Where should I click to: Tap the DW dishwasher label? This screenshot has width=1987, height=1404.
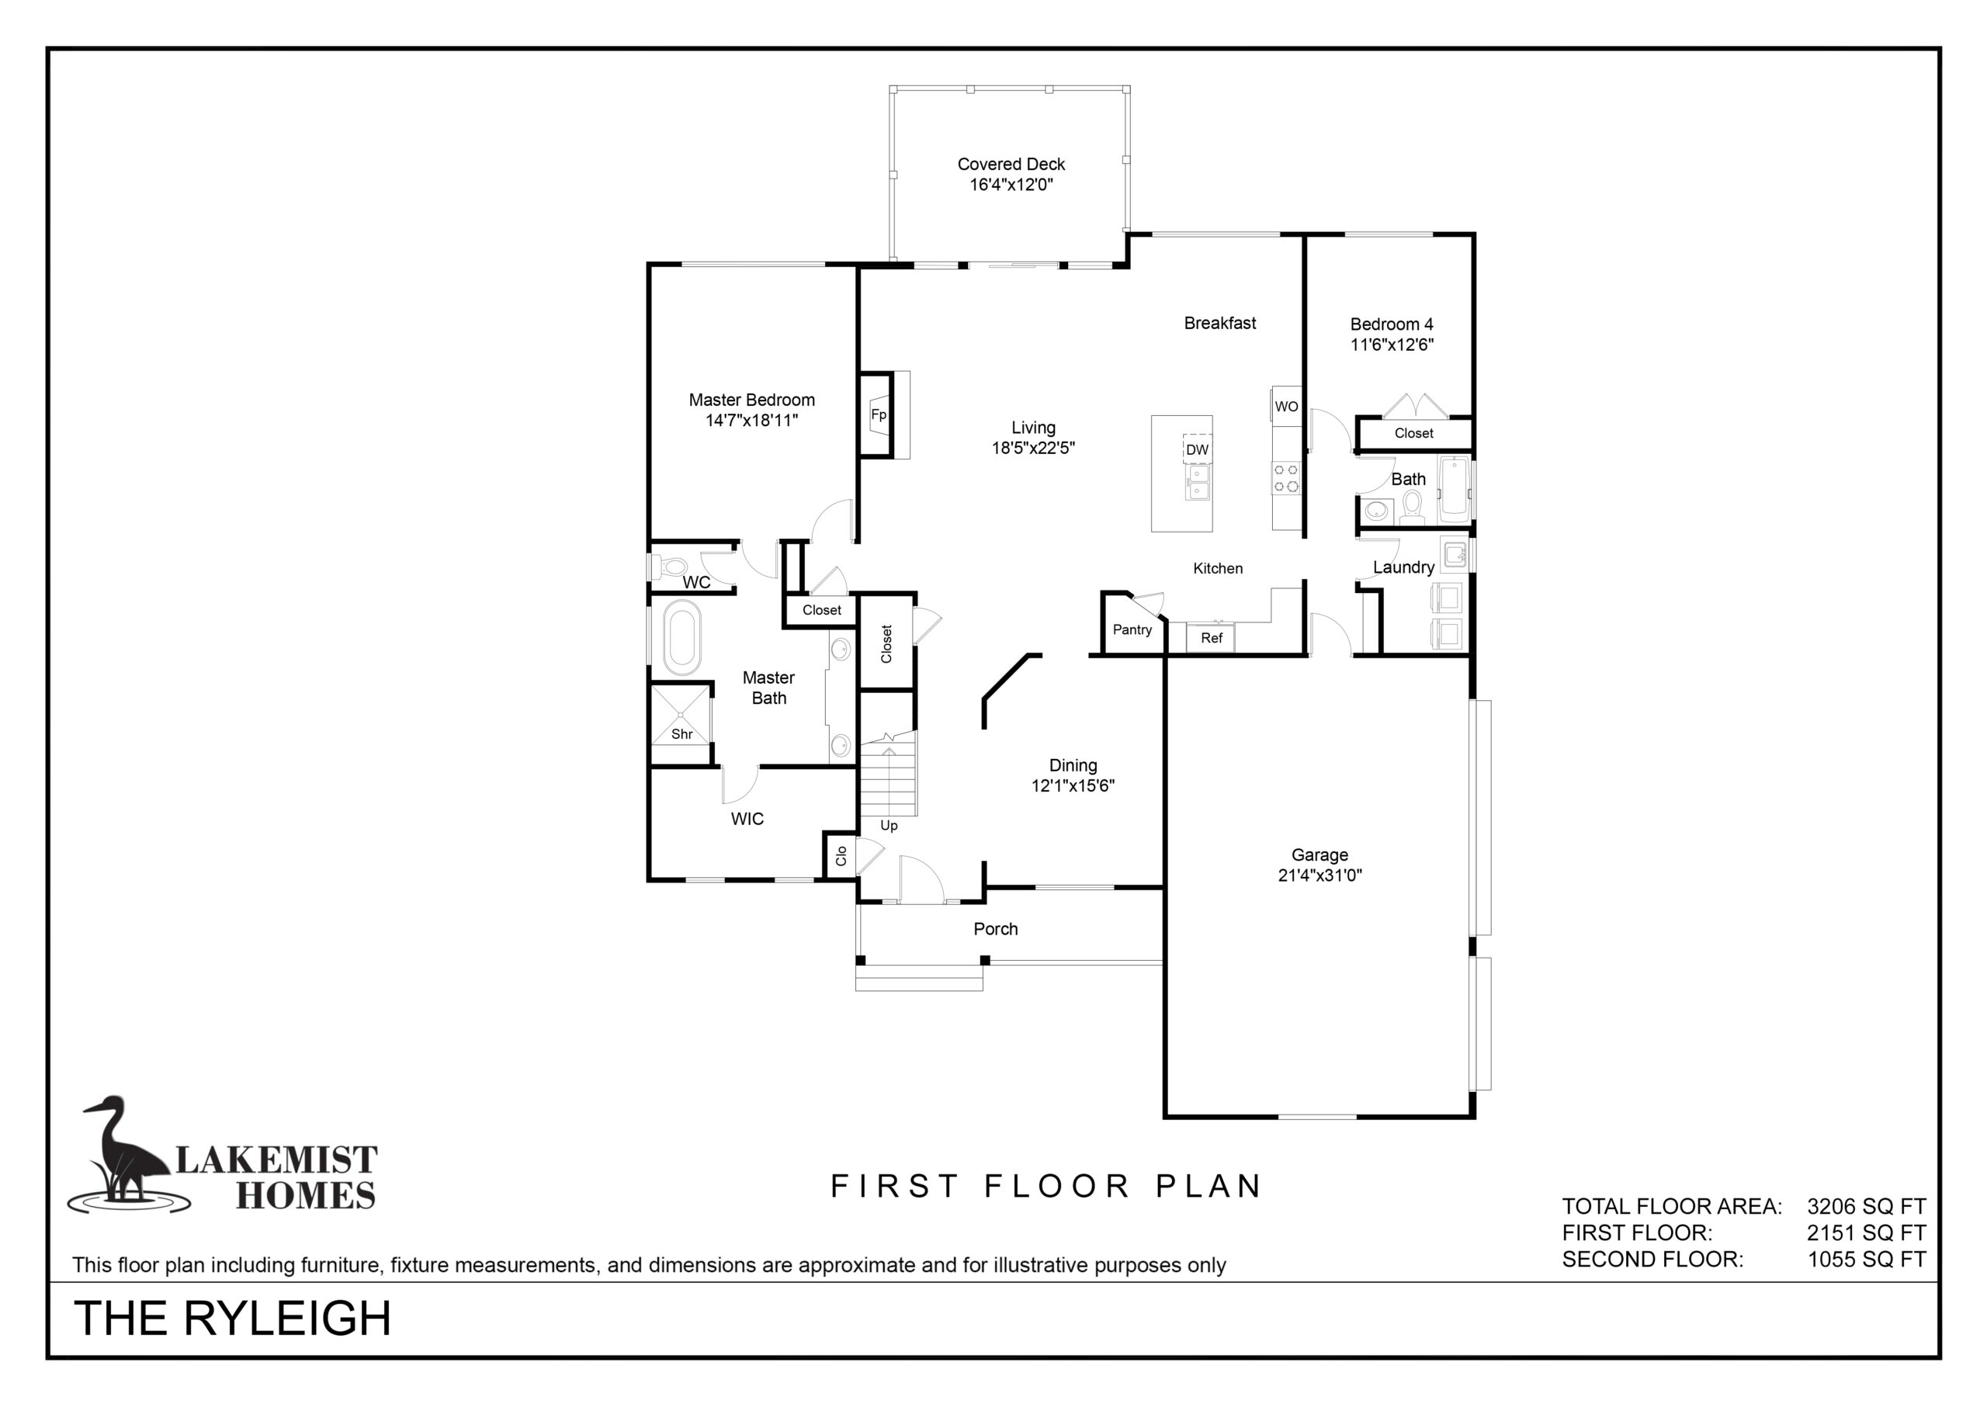[x=1197, y=449]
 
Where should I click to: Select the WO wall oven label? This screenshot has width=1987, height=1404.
[x=1286, y=407]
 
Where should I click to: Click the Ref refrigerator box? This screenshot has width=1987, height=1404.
[x=1211, y=638]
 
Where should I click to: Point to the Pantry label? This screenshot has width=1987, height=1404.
[x=1132, y=629]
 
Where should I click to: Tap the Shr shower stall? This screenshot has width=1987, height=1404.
[x=681, y=714]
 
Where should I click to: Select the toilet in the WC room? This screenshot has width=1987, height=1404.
[x=668, y=568]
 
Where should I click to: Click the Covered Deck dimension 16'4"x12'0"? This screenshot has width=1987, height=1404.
[x=1011, y=185]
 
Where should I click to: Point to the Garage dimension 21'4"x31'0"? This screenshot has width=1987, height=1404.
[x=1319, y=875]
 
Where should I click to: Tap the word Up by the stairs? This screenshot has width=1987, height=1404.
[x=889, y=826]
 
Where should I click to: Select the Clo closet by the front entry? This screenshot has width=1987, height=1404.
[x=840, y=855]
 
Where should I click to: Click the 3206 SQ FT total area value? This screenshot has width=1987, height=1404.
[x=1867, y=1207]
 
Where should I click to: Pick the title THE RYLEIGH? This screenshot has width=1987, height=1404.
[x=233, y=1319]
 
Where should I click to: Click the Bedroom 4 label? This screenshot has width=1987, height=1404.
[x=1392, y=324]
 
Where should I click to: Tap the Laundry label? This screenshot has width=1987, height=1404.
[x=1404, y=568]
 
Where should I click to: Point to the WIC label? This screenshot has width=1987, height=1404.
[x=747, y=819]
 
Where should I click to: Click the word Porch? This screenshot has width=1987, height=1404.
[x=995, y=929]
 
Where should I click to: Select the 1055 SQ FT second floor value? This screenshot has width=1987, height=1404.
[x=1867, y=1260]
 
